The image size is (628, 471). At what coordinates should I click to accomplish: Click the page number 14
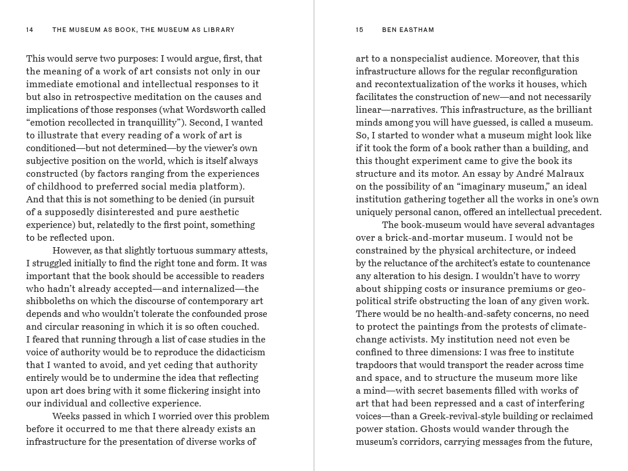point(30,30)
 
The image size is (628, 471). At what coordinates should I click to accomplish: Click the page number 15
point(359,30)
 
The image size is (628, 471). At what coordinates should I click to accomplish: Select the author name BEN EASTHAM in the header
point(408,30)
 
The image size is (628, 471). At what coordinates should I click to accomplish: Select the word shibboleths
point(52,301)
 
